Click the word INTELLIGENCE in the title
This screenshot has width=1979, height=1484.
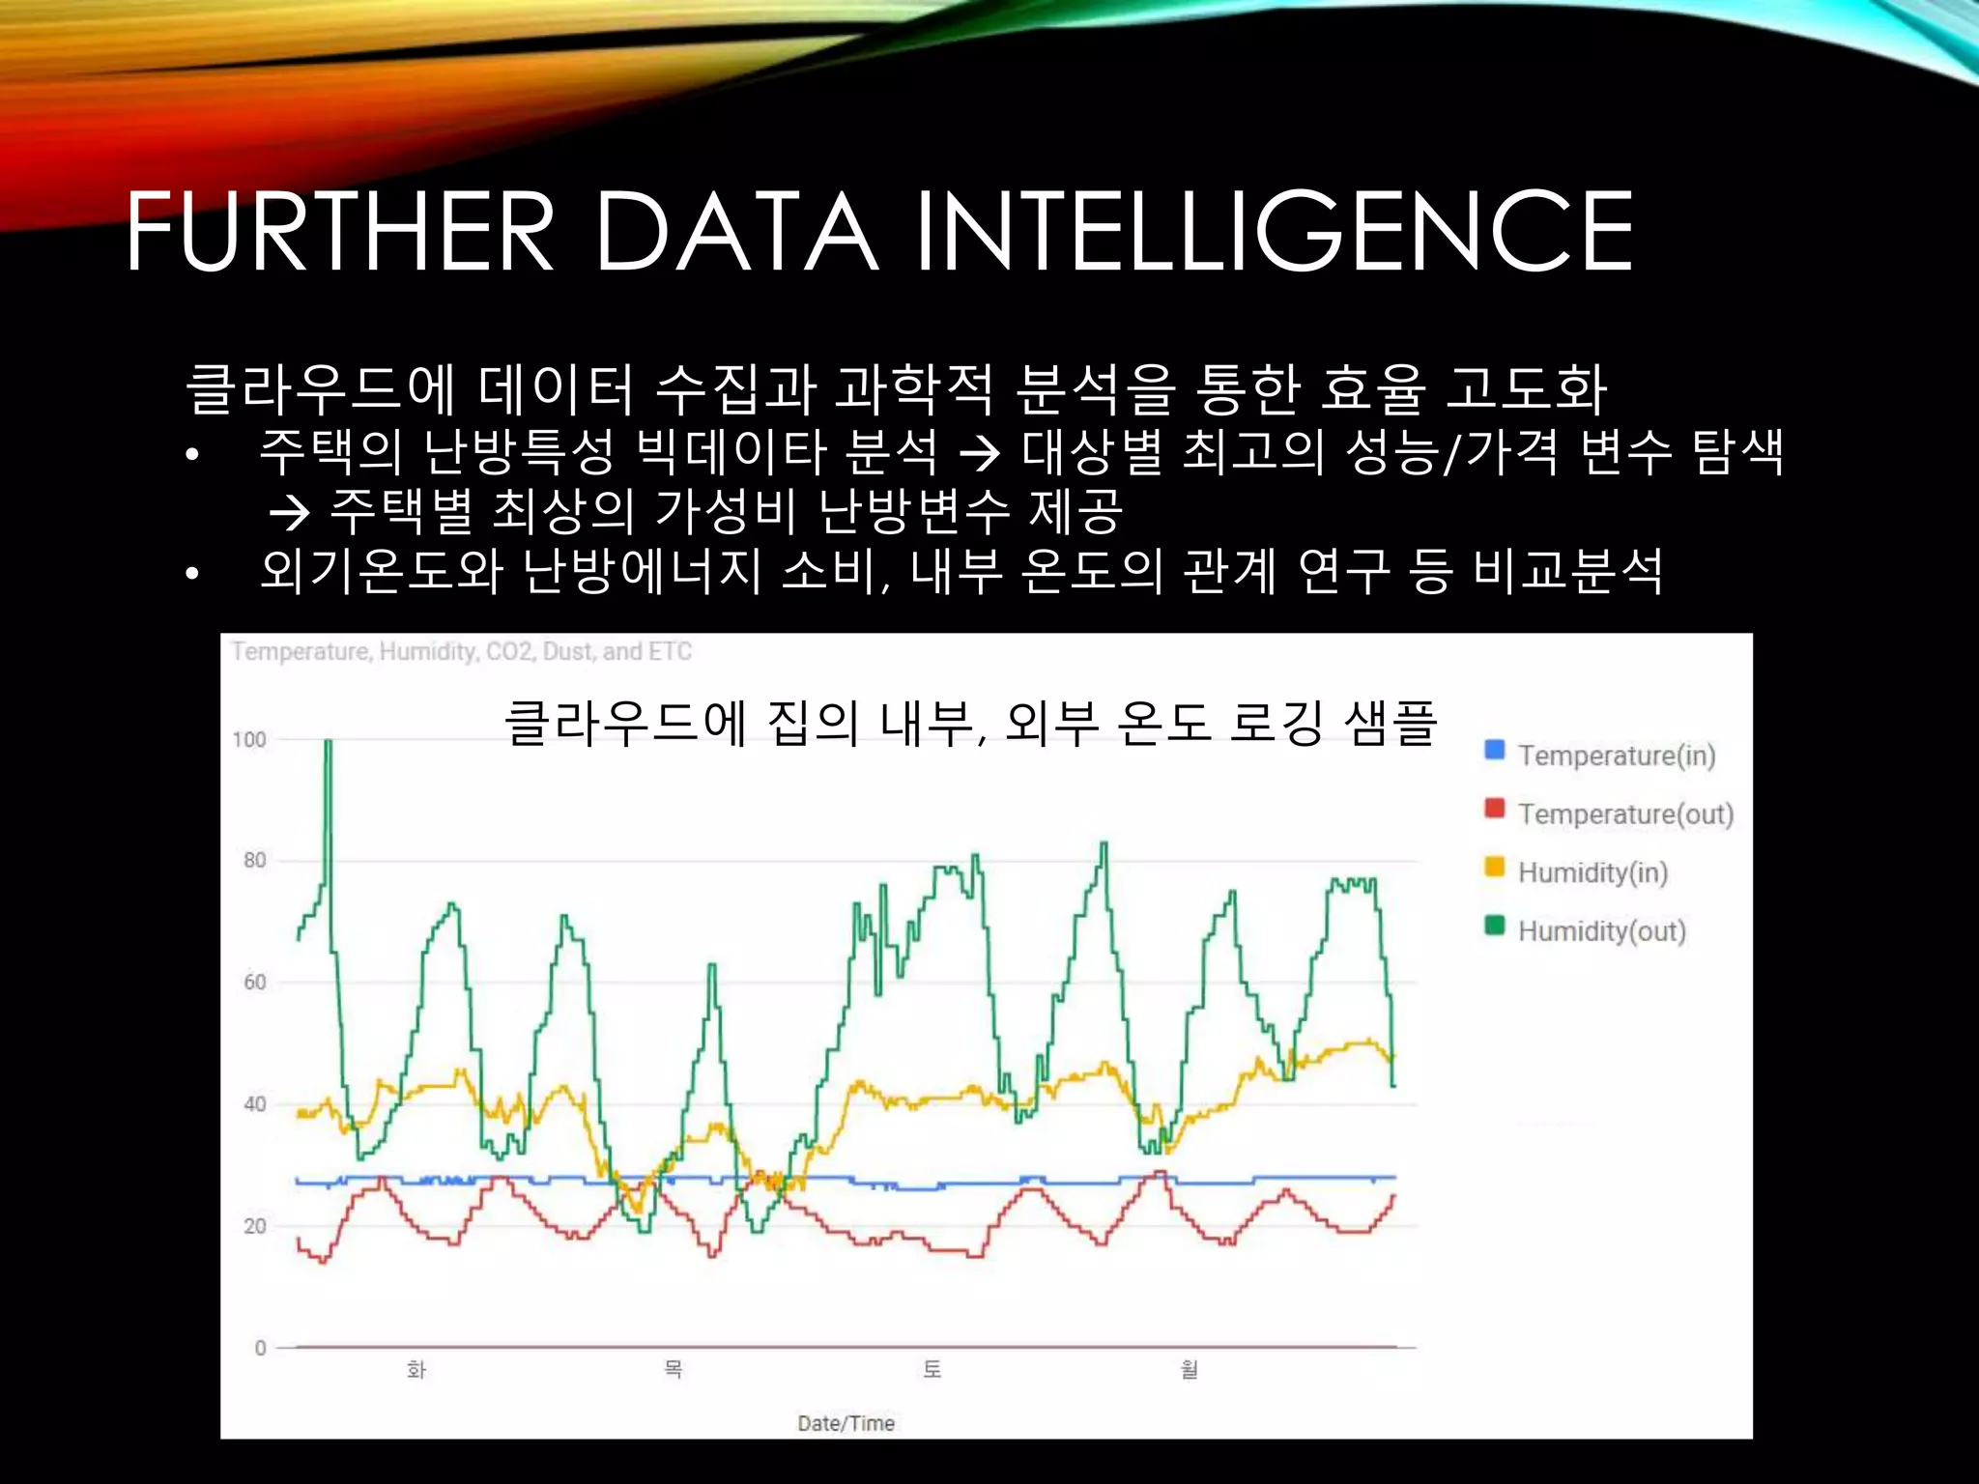click(1274, 232)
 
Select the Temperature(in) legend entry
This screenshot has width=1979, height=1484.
click(1616, 756)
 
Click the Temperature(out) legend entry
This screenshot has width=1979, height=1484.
click(1625, 814)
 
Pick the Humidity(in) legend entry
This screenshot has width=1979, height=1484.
click(1592, 872)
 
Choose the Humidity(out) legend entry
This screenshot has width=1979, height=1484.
click(1601, 931)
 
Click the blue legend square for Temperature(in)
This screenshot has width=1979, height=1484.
click(1495, 750)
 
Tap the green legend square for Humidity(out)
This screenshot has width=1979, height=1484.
click(1495, 926)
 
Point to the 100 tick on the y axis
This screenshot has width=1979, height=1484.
click(249, 740)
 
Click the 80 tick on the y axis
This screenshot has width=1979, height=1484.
click(254, 861)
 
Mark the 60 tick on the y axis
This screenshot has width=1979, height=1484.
click(254, 983)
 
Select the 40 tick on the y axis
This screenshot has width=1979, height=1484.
click(254, 1104)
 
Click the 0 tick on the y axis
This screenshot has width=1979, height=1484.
click(260, 1348)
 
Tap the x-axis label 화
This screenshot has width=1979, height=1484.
click(416, 1370)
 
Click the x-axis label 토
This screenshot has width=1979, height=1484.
click(932, 1370)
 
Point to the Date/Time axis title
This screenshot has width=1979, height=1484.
click(846, 1423)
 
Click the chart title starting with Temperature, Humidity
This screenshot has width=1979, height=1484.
click(462, 652)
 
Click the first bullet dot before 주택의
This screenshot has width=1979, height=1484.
click(192, 454)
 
